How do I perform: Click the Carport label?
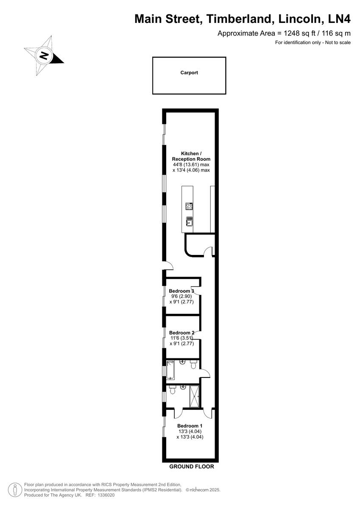pyautogui.click(x=189, y=73)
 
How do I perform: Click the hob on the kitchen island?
pyautogui.click(x=189, y=207)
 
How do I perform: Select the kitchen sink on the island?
pyautogui.click(x=189, y=221)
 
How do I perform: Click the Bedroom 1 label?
pyautogui.click(x=190, y=426)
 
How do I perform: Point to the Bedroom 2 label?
pyautogui.click(x=181, y=333)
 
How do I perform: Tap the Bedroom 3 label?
pyautogui.click(x=181, y=291)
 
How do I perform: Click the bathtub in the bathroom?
pyautogui.click(x=170, y=369)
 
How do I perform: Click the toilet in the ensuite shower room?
pyautogui.click(x=173, y=390)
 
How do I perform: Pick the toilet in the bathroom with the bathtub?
pyautogui.click(x=194, y=365)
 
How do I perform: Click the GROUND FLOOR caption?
pyautogui.click(x=192, y=467)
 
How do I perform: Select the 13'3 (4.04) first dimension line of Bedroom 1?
pyautogui.click(x=190, y=431)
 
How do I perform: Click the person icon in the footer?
pyautogui.click(x=15, y=489)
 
